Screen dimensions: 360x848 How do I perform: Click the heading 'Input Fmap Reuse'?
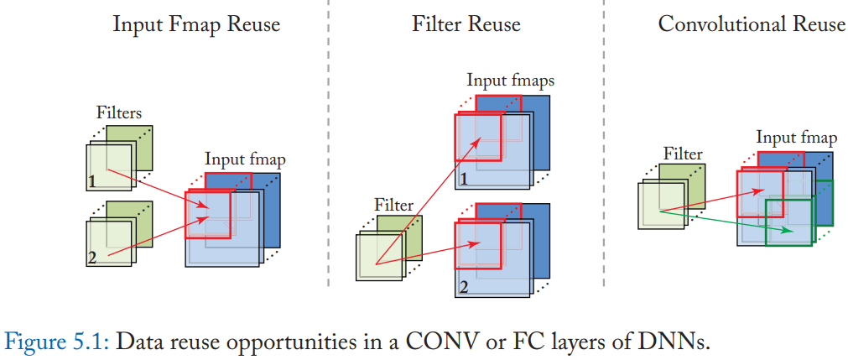196,24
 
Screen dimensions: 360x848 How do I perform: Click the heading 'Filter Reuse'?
466,24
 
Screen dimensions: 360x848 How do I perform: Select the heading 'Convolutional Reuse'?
752,24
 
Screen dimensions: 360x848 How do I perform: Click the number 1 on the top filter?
92,181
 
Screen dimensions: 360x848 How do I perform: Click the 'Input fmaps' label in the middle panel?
511,82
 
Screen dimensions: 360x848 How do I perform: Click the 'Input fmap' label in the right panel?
796,138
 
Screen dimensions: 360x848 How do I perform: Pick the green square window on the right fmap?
789,222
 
